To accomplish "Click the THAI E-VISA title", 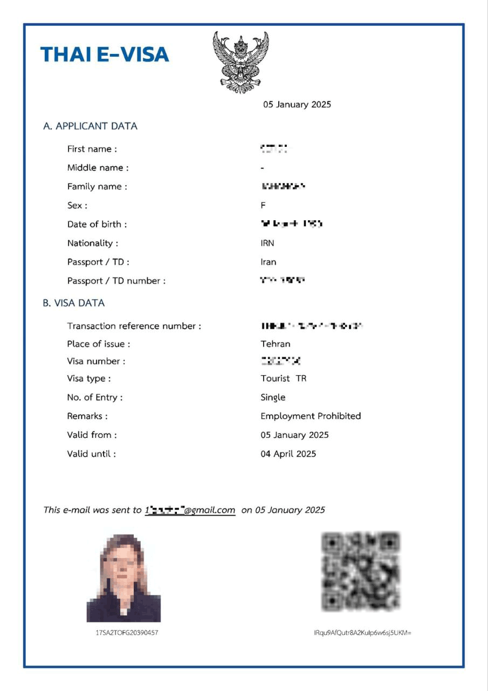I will coord(105,55).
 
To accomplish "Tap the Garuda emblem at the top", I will coord(240,62).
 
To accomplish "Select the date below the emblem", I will coord(297,105).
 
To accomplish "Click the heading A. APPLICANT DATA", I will coord(90,126).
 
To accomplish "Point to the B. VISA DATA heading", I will coord(74,303).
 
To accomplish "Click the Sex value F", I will coord(263,205).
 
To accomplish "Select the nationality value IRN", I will coord(267,243).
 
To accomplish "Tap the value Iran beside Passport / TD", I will coord(269,262).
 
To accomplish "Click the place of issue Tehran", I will coord(276,344).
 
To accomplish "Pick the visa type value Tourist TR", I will coord(284,378).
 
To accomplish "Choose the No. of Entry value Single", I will coord(273,397).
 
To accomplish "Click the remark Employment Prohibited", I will coord(311,416).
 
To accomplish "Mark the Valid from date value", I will coord(294,435).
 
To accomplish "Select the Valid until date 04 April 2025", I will coord(288,454).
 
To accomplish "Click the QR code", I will coord(361,571).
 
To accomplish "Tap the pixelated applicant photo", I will coord(123,578).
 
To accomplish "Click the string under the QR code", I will coord(362,632).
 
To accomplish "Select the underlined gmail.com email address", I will coord(190,510).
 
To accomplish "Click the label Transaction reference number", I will coord(134,326).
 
